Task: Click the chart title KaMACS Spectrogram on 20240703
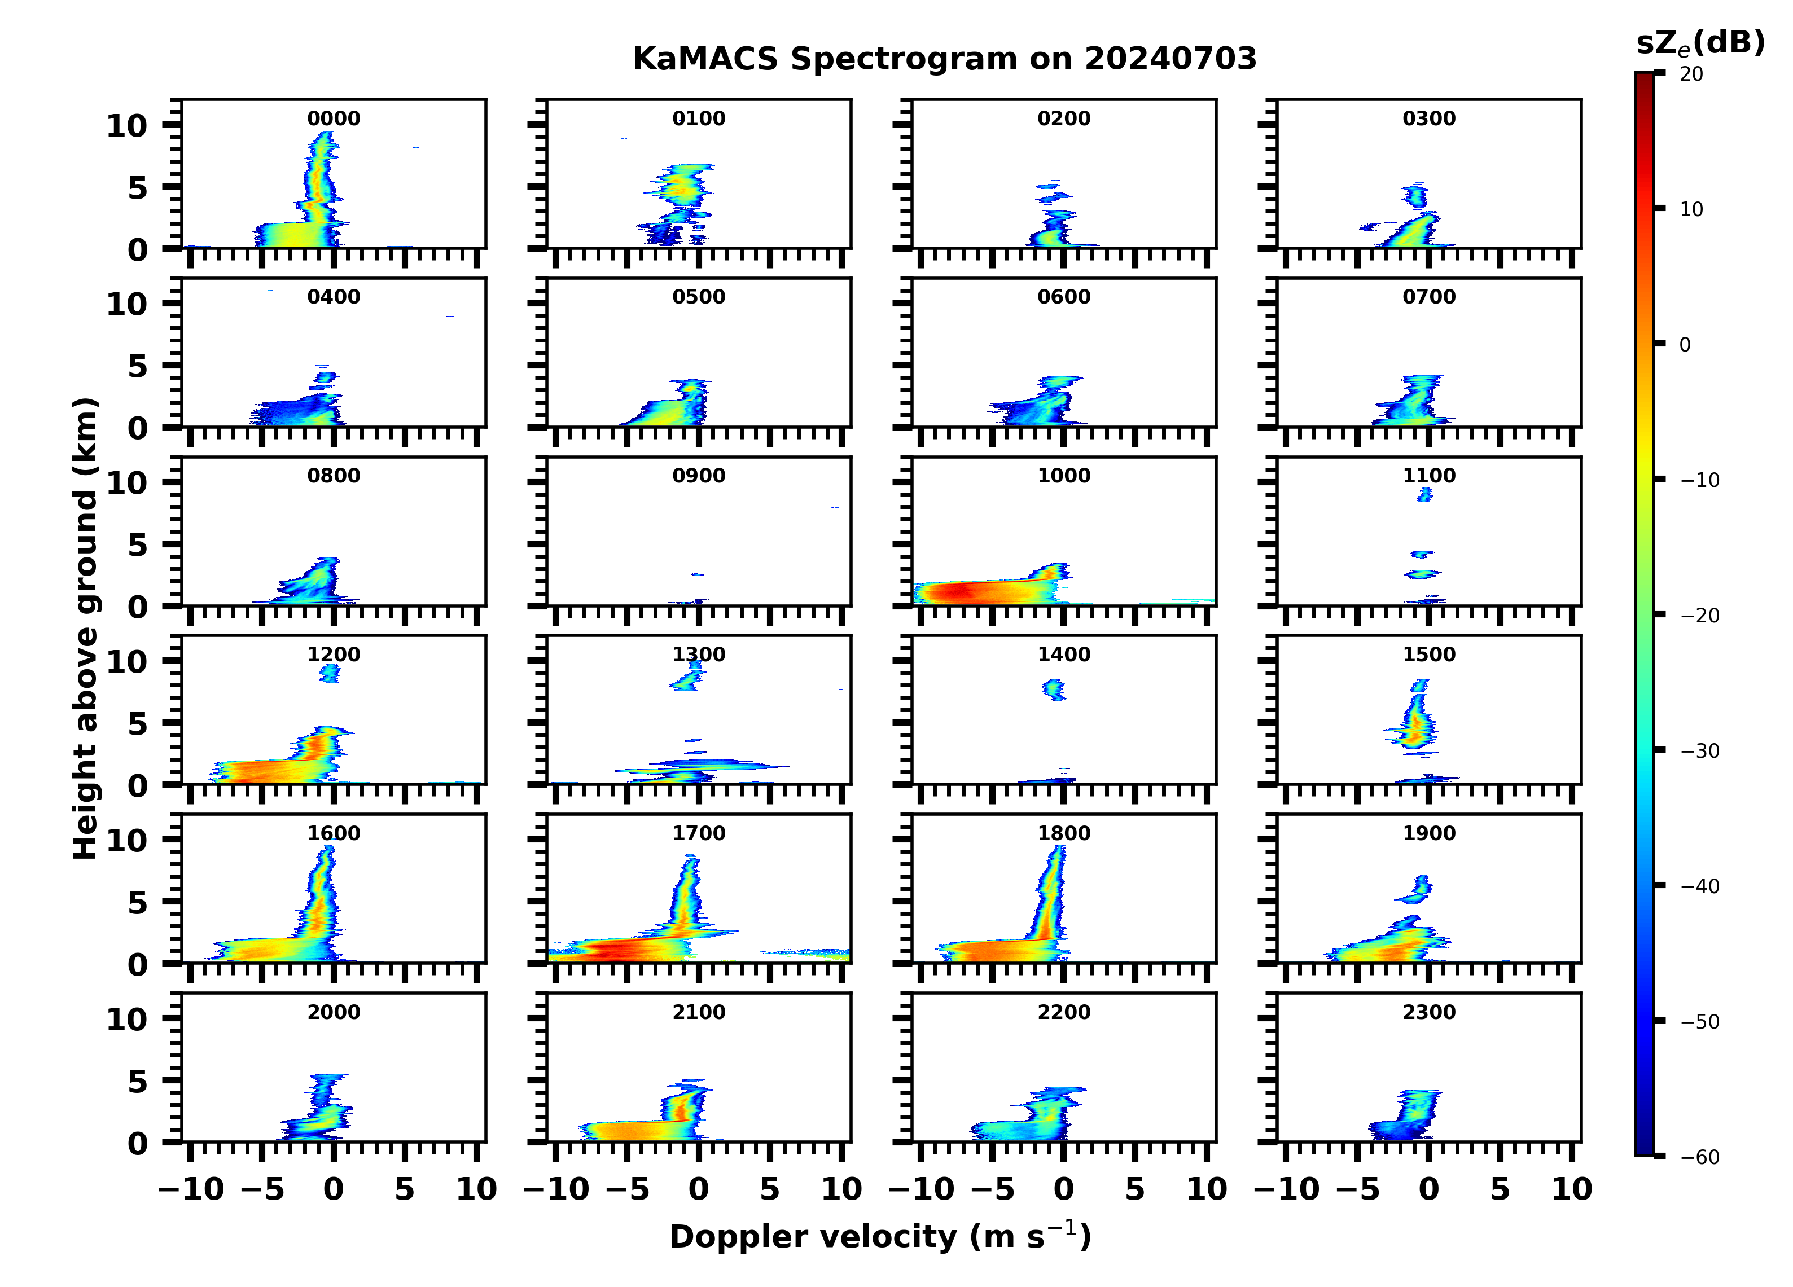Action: (x=944, y=59)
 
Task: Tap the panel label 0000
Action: (x=334, y=118)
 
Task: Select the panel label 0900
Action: (x=699, y=476)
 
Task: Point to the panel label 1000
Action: (x=1064, y=476)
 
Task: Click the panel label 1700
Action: (x=699, y=833)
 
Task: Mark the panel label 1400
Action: (x=1064, y=655)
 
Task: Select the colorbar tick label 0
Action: (x=1685, y=345)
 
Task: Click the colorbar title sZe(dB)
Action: (x=1700, y=43)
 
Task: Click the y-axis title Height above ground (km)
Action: (x=85, y=629)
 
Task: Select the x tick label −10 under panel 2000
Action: (x=192, y=1189)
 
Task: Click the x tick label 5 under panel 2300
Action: (x=1500, y=1189)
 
